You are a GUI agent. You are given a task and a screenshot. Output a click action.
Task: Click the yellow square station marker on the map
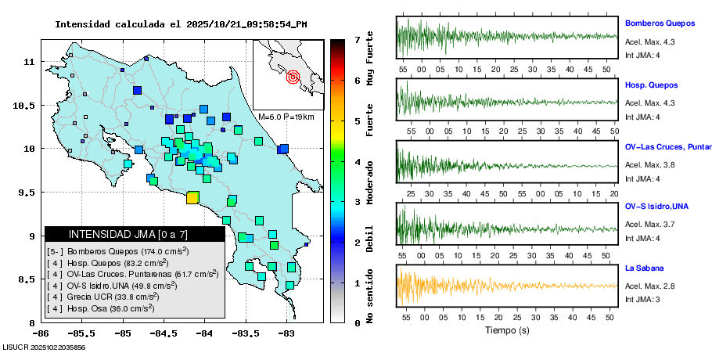pos(192,198)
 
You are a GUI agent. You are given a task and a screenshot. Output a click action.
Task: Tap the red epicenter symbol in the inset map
pos(293,77)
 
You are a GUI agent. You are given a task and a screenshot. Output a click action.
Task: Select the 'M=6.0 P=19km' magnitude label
pos(286,117)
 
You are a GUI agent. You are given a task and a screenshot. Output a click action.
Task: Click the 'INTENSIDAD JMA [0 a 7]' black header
pos(135,234)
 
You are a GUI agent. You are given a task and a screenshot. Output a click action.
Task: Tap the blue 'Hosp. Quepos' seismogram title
pos(651,85)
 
